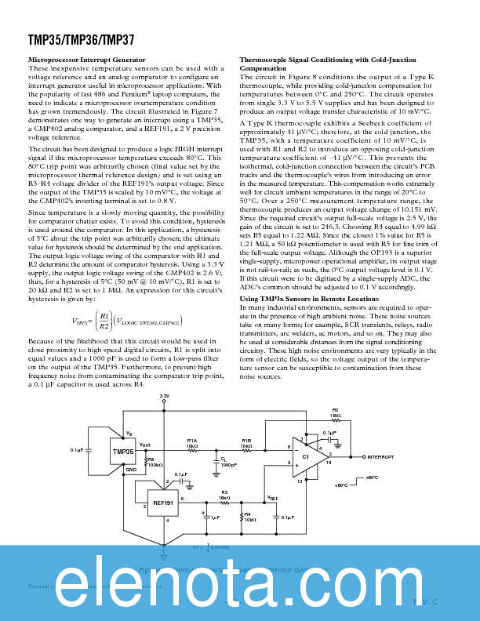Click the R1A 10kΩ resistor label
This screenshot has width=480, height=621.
click(192, 443)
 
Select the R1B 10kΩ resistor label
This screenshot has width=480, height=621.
click(246, 443)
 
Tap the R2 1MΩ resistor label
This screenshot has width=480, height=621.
click(335, 412)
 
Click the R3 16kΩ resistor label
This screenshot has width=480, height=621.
click(224, 496)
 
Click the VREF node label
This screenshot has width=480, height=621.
click(272, 497)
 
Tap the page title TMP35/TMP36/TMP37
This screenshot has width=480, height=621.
click(71, 38)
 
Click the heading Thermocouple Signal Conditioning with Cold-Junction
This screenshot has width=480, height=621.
click(327, 60)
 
